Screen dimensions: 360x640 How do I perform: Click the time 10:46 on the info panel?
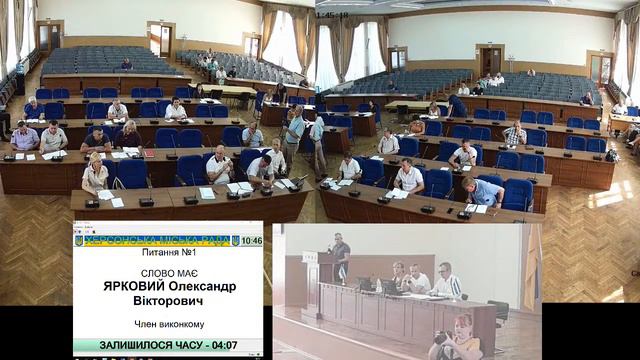click(252, 241)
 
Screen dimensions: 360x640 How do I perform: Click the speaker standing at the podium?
click(341, 255)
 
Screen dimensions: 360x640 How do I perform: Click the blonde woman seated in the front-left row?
click(95, 175)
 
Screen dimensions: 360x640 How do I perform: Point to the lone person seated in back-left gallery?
click(126, 65)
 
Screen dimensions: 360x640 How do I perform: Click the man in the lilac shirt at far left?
click(24, 136)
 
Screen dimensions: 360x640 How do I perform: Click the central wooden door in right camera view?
click(490, 59)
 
